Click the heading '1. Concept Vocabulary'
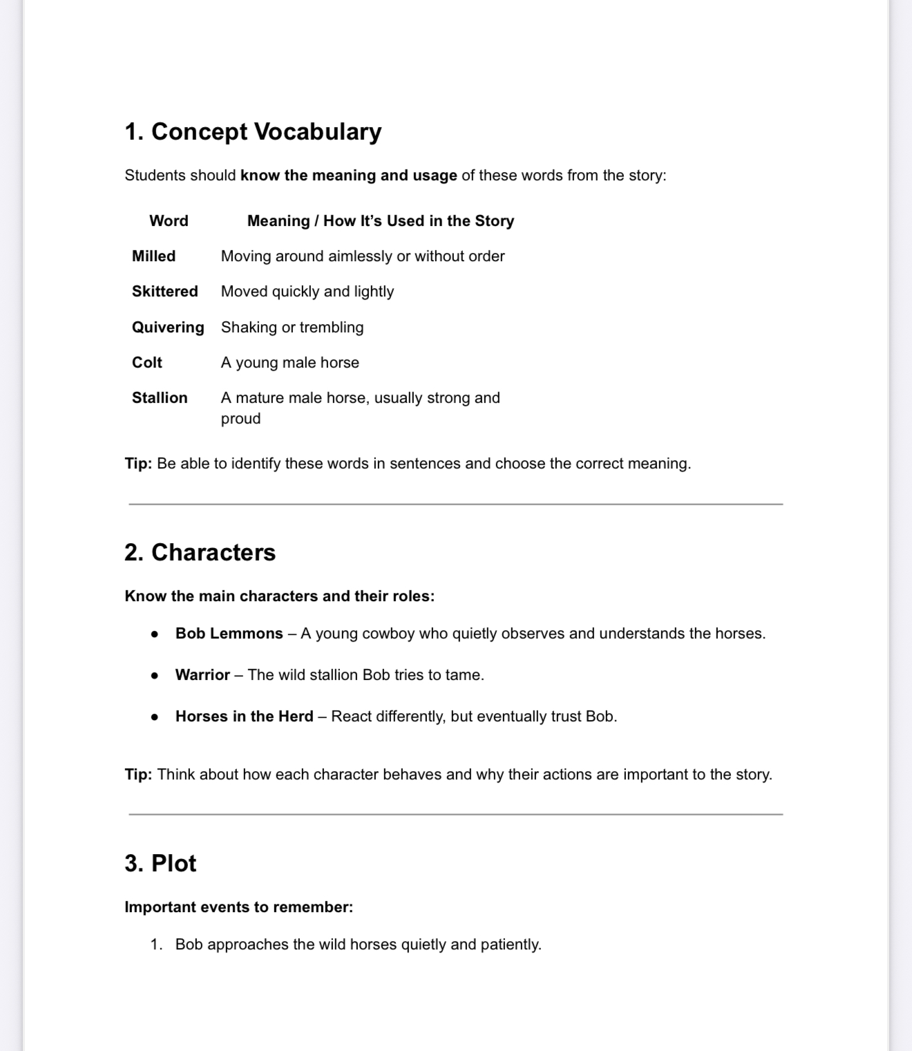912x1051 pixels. (253, 131)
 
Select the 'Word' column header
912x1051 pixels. (169, 221)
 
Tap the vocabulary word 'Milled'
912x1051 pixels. (153, 256)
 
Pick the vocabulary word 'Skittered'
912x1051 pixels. (164, 292)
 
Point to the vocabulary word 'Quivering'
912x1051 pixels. (168, 328)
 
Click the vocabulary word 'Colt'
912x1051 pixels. (147, 363)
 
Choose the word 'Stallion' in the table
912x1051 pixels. (160, 398)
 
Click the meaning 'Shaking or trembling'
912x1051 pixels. (292, 328)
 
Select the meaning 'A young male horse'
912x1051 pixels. (290, 363)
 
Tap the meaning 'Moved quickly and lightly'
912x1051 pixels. (307, 292)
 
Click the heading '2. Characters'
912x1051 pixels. (200, 553)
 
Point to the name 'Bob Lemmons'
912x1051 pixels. (229, 634)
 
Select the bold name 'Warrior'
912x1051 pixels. (202, 675)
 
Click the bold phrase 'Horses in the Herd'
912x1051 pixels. (244, 717)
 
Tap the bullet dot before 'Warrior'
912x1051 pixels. (155, 676)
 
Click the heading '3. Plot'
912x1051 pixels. (160, 864)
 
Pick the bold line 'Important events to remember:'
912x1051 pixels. (238, 907)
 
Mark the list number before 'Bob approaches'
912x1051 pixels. (156, 945)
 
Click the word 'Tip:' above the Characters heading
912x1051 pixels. (138, 464)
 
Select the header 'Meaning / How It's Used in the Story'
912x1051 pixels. (381, 221)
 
